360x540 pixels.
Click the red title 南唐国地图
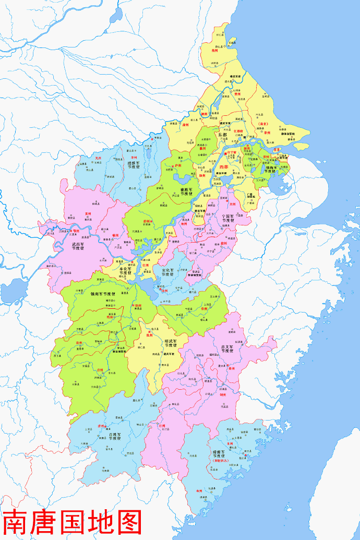72,522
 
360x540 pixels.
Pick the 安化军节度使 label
167,273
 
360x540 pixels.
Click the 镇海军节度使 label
270,166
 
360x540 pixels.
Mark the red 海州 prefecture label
214,51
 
